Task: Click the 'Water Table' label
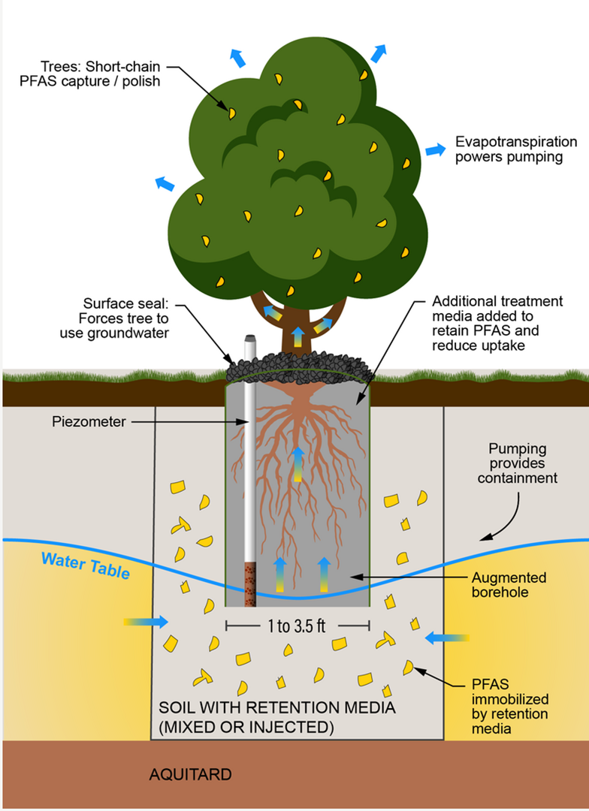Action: coord(85,565)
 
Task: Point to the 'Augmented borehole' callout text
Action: coord(509,586)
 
